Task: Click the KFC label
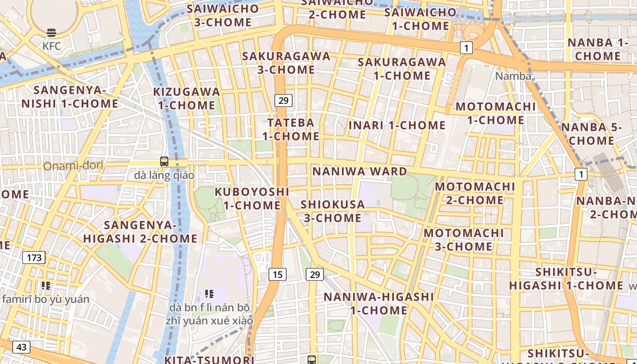(51, 46)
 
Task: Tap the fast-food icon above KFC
(51, 33)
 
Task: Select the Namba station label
(513, 76)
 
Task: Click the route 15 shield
(278, 274)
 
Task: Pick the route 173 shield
(34, 258)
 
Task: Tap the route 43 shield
(21, 347)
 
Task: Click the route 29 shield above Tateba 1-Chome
(283, 101)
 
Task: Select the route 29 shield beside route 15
(315, 274)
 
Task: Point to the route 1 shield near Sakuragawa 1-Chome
(466, 48)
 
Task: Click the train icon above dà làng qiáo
(164, 162)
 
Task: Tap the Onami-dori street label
(73, 166)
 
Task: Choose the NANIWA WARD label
(359, 172)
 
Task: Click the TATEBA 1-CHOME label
(291, 129)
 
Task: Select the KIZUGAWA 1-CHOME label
(187, 98)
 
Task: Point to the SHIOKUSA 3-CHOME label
(333, 211)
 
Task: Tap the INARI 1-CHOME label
(397, 125)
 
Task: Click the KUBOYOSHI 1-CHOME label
(252, 198)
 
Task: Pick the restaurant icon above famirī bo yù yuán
(45, 286)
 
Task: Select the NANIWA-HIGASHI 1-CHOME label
(379, 303)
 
